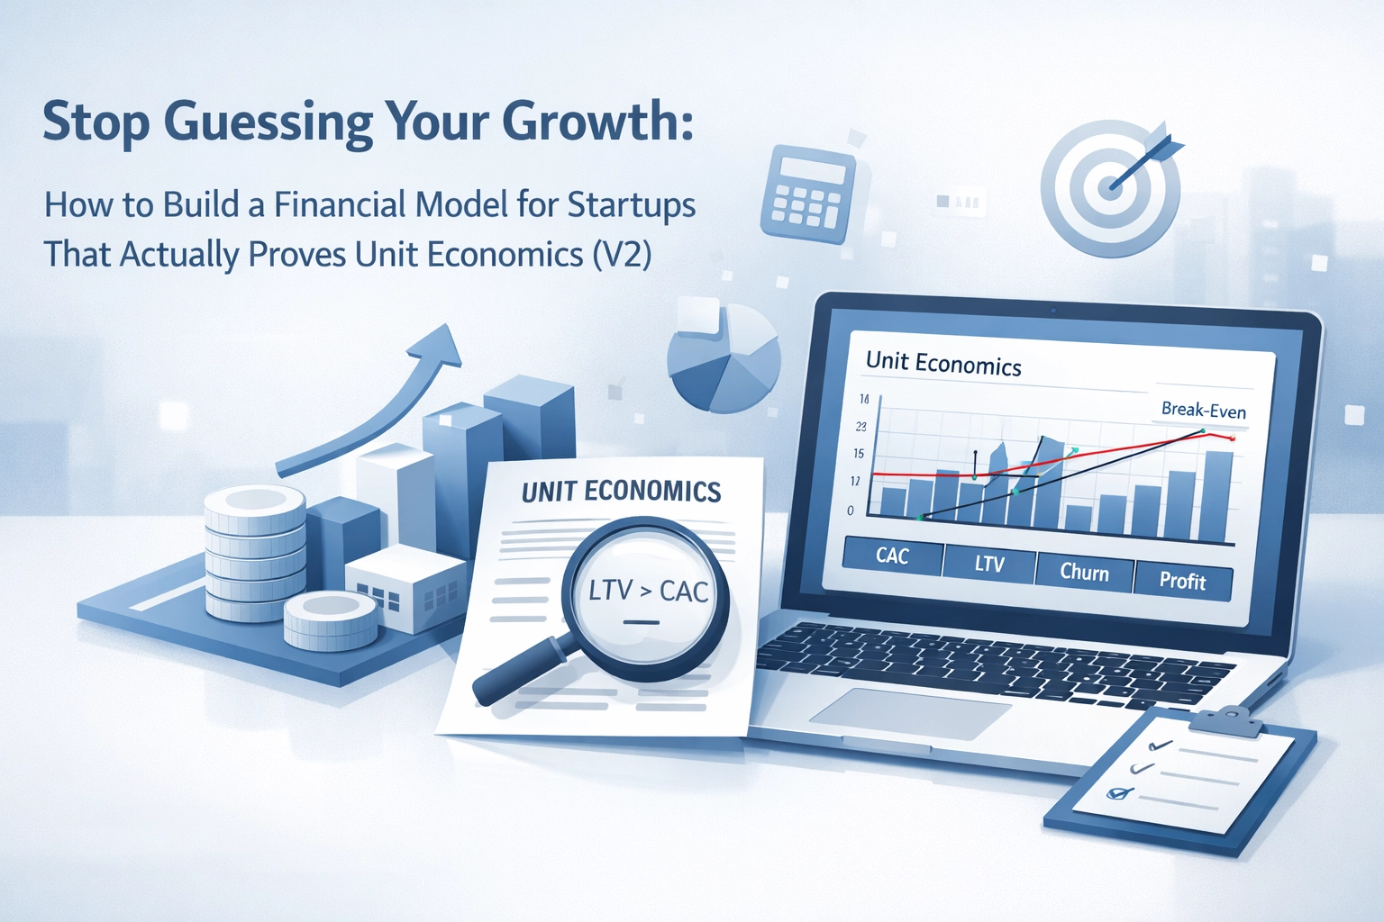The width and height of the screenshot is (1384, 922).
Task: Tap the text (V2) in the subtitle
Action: (623, 255)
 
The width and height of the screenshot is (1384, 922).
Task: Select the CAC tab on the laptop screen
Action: (892, 556)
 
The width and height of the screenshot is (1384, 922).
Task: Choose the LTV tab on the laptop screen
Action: (989, 564)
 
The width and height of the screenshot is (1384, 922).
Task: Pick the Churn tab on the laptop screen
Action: (1084, 573)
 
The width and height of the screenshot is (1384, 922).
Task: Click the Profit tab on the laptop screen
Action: (1182, 581)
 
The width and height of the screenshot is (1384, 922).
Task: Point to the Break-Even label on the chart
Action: (1203, 410)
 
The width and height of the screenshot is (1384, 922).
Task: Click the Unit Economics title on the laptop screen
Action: (943, 363)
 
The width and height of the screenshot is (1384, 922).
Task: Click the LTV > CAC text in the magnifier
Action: (648, 591)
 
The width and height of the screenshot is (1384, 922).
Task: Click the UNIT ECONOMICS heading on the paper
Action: (621, 491)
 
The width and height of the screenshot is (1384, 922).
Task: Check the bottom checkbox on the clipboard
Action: (1118, 793)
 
